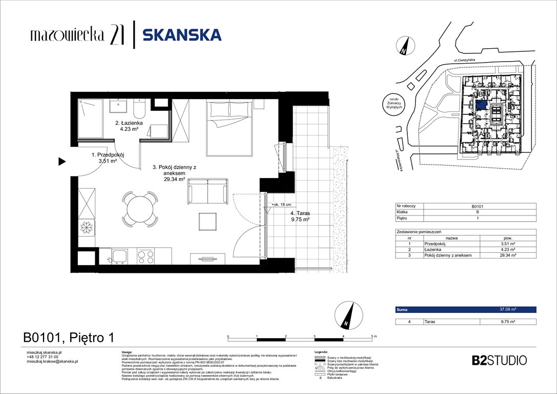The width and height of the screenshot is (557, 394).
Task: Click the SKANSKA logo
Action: tap(181, 35)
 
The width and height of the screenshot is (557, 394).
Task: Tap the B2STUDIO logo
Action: tap(499, 360)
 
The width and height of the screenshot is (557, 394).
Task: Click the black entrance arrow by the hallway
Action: tap(62, 162)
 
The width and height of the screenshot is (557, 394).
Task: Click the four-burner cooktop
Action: tap(145, 255)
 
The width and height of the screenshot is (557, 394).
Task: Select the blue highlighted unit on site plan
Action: tap(482, 105)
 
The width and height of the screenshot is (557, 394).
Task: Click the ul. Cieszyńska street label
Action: tap(464, 61)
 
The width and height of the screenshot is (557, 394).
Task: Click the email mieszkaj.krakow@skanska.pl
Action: tap(52, 362)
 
